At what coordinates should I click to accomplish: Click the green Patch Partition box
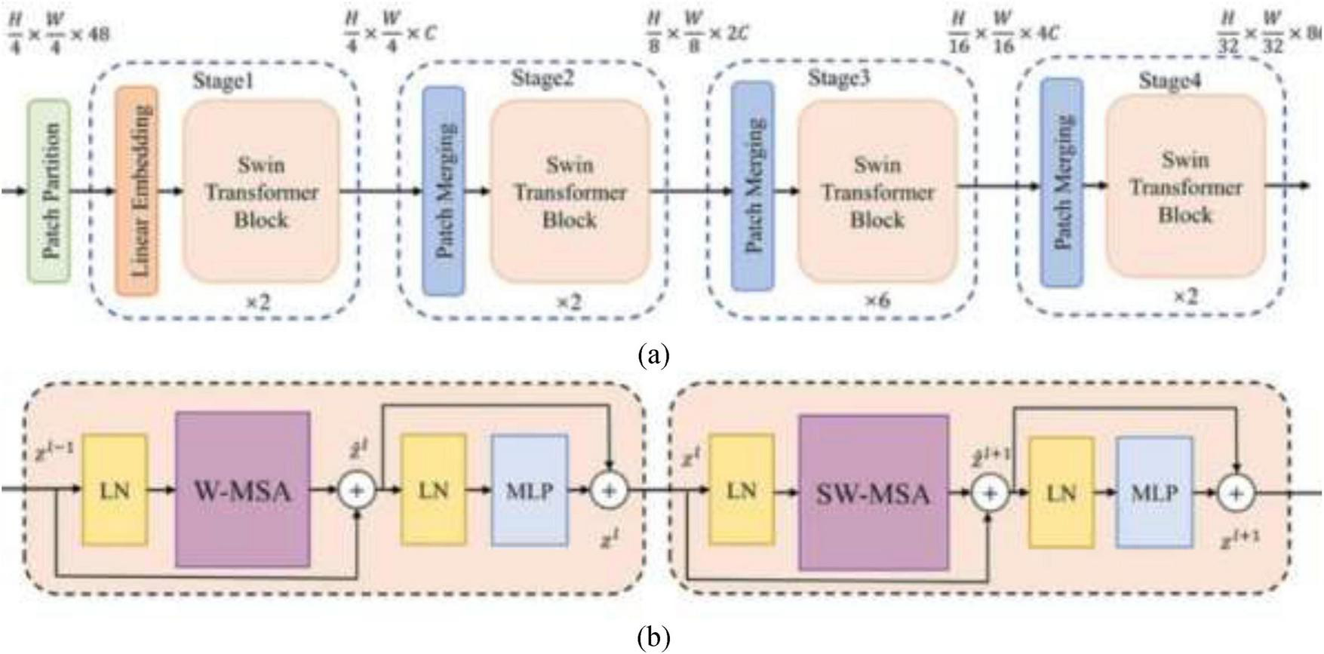(50, 192)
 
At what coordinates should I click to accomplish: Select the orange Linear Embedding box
(137, 190)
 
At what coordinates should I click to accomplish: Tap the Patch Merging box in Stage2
(444, 190)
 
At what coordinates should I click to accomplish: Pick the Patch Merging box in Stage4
(1062, 183)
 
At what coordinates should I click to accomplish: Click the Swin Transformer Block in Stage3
(877, 192)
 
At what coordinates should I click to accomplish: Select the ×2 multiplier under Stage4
(1185, 297)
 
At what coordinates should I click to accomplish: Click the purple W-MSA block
(242, 490)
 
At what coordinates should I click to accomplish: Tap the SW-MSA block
(874, 493)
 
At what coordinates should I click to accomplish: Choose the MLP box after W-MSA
(529, 490)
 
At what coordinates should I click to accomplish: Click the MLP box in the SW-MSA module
(1154, 492)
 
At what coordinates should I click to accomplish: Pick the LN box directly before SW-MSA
(741, 490)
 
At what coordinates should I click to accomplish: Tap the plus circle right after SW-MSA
(989, 493)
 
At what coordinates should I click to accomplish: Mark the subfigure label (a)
(653, 354)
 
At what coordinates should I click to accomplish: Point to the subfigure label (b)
(653, 638)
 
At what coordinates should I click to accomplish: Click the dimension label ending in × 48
(58, 35)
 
